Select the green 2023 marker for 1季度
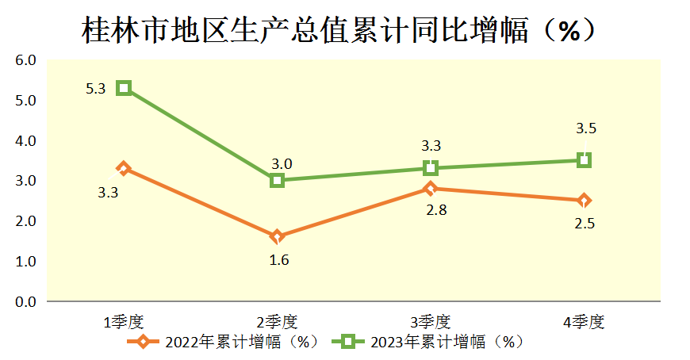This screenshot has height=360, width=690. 123,88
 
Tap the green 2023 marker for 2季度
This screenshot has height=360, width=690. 277,180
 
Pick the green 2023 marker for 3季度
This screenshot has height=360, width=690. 431,168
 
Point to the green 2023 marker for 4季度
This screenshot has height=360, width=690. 585,160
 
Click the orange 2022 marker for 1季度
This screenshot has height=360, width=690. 123,168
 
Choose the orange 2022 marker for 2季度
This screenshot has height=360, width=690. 277,236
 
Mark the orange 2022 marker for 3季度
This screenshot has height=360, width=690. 431,188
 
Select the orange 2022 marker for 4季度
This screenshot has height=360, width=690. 585,201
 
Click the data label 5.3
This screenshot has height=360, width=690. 96,90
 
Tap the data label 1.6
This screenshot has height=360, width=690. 278,259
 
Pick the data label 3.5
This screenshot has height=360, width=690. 585,128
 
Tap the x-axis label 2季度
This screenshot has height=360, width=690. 277,322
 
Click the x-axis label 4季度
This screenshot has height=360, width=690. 585,322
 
